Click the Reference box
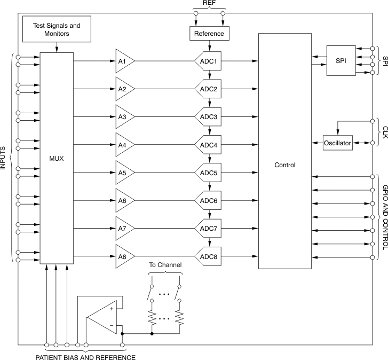point(209,34)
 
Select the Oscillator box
point(338,144)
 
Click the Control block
point(284,165)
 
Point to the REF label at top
point(209,3)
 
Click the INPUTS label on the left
point(4,158)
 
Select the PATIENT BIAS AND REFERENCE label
point(85,356)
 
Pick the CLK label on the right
point(384,132)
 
